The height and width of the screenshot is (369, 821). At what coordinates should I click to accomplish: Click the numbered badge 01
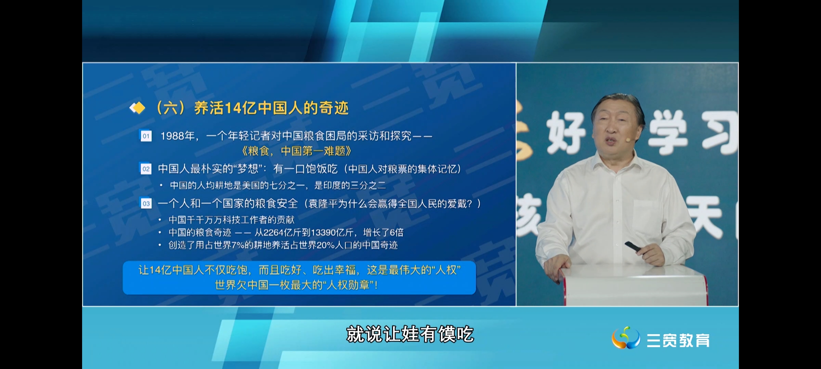click(146, 136)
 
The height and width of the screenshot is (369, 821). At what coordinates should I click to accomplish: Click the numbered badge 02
click(146, 169)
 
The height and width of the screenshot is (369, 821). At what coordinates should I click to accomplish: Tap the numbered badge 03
click(146, 204)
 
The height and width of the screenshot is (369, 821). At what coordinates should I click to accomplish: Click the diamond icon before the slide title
click(137, 108)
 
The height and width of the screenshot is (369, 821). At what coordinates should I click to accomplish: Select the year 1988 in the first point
click(173, 136)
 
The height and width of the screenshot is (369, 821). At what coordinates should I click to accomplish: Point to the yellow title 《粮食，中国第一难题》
click(296, 151)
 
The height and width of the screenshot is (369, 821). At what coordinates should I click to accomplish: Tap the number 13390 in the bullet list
click(323, 233)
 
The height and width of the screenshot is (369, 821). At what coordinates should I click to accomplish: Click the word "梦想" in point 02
click(247, 169)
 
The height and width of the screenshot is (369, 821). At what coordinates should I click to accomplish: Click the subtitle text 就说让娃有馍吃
click(410, 334)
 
